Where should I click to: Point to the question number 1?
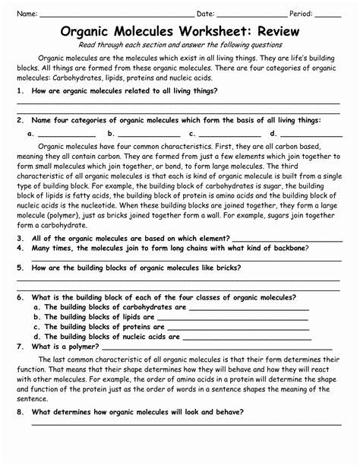click(19, 90)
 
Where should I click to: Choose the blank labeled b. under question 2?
click(149, 135)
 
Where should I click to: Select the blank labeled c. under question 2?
click(232, 135)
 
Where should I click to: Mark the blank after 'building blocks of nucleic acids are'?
click(247, 338)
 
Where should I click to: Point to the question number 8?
click(19, 411)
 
